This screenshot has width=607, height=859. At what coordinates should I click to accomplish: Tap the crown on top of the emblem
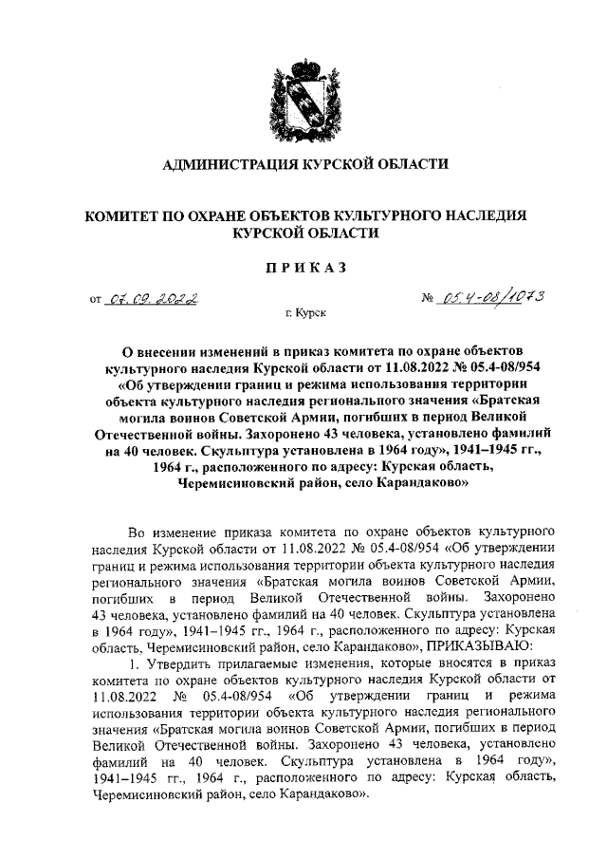pyautogui.click(x=303, y=64)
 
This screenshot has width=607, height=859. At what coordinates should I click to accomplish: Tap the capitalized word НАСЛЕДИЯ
pyautogui.click(x=500, y=215)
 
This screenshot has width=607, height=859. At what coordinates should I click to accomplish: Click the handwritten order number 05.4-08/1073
pyautogui.click(x=493, y=298)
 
